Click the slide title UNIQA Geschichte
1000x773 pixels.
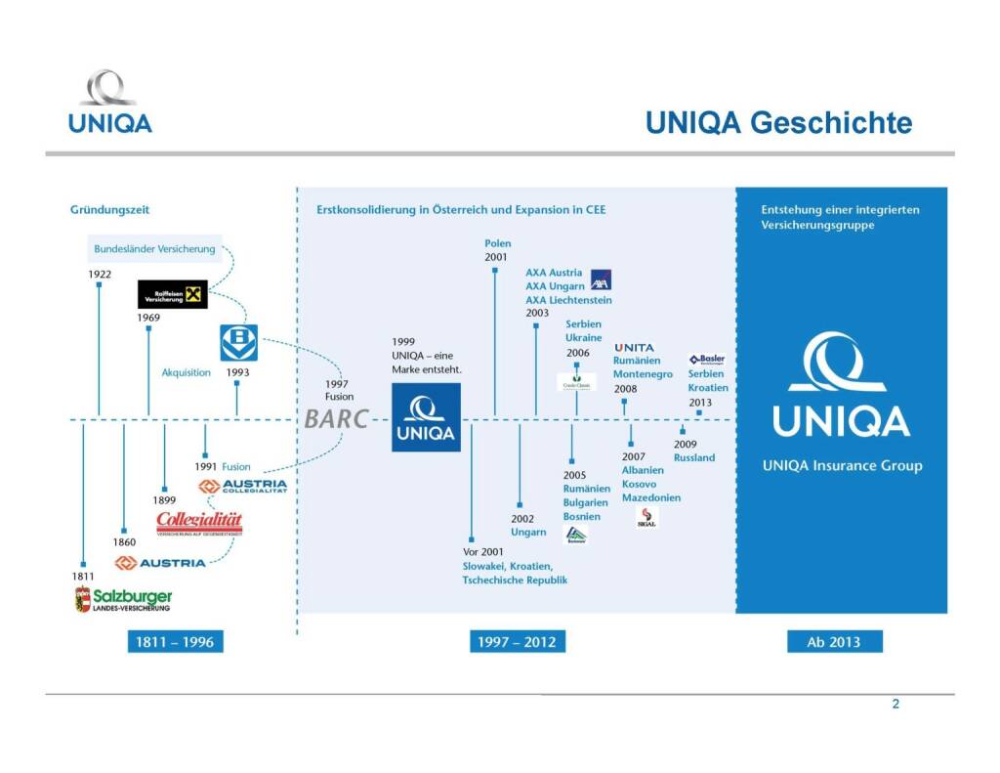click(778, 123)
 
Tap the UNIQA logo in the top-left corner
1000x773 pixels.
click(109, 102)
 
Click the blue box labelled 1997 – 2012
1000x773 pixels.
click(517, 642)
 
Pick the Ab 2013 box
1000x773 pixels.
click(834, 642)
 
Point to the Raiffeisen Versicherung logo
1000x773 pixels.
click(173, 293)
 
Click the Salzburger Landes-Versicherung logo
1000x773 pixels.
click(124, 599)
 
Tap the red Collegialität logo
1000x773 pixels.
click(199, 523)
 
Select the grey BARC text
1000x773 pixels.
click(336, 419)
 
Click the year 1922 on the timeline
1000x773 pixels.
click(100, 275)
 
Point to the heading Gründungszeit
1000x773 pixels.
click(109, 209)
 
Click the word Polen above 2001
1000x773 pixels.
click(497, 243)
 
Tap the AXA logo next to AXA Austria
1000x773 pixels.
click(601, 279)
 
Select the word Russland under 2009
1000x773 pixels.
click(694, 457)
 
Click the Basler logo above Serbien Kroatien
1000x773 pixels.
click(706, 359)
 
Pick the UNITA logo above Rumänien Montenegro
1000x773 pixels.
click(635, 347)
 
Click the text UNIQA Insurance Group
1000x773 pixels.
click(842, 466)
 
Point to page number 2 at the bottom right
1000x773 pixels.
click(896, 705)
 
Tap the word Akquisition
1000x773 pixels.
click(187, 372)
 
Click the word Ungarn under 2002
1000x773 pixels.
click(528, 533)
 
